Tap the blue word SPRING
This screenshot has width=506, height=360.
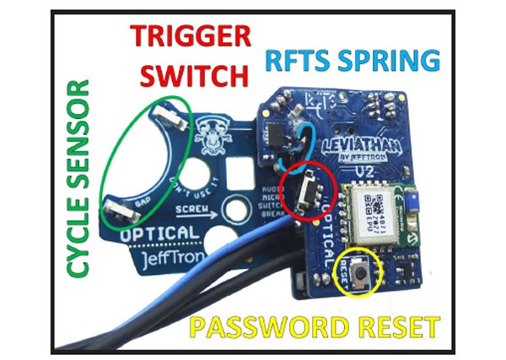(393, 61)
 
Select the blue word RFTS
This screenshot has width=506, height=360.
(302, 61)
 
